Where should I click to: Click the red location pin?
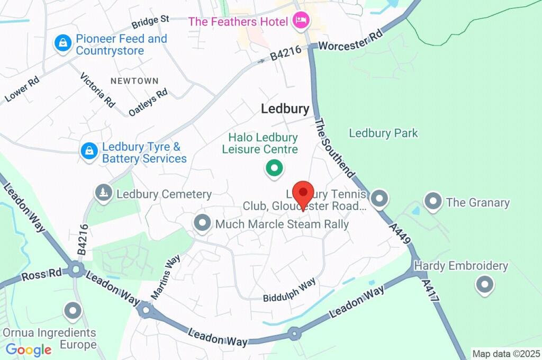tap(303, 194)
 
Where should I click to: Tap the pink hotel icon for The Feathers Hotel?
tap(302, 21)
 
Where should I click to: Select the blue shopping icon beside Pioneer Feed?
tap(63, 44)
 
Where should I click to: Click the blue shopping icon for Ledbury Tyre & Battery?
tap(89, 151)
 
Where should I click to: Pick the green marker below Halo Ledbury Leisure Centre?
tap(274, 169)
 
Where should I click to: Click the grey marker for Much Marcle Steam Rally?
tap(202, 223)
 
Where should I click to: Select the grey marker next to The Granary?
tap(433, 201)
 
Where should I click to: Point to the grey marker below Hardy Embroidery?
tap(484, 284)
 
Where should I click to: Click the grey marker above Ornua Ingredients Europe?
tap(73, 311)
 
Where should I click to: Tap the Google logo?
tap(29, 349)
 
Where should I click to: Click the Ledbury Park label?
tap(383, 133)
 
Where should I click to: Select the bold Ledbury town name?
tap(285, 109)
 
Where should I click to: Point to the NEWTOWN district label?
tap(134, 81)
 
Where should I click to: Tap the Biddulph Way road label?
tap(289, 290)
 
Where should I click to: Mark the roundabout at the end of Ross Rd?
tap(76, 271)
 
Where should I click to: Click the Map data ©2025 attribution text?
tap(505, 354)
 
